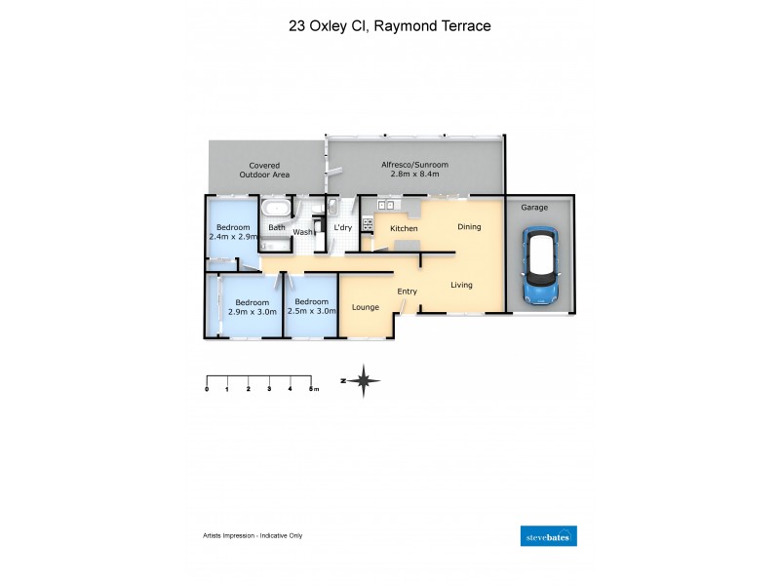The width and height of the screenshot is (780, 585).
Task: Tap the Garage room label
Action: [x=533, y=208]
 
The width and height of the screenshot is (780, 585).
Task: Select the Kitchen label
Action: [x=404, y=228]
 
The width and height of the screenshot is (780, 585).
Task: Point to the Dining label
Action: [x=469, y=227]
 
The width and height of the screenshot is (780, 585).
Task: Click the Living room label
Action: [x=461, y=285]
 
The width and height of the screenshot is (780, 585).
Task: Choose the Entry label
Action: [x=407, y=292]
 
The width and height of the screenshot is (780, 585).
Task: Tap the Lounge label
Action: [x=365, y=307]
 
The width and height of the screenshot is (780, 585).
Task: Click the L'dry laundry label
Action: [x=342, y=228]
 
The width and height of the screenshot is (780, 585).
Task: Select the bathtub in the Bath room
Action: [x=278, y=209]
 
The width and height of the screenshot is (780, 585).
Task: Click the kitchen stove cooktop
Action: [x=368, y=224]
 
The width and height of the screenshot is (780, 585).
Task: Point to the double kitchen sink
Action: [x=384, y=204]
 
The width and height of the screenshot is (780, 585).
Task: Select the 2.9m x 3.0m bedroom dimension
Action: [x=252, y=312]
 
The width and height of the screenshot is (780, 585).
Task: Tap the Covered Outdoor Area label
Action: [x=265, y=171]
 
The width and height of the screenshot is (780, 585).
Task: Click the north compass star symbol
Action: [x=364, y=380]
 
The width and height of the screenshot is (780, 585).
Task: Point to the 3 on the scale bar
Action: [x=269, y=389]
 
